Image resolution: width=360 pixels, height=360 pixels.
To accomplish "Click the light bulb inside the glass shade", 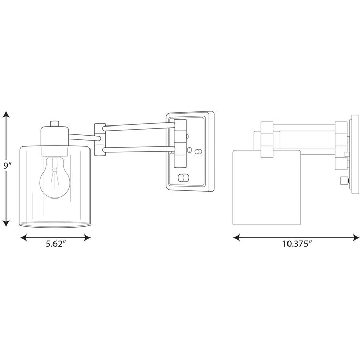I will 54,180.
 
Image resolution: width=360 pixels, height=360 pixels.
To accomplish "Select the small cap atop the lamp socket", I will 55,124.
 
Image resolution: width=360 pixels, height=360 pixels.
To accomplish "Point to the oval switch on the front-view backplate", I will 183,178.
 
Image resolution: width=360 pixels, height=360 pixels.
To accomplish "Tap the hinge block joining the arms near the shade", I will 99,138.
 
